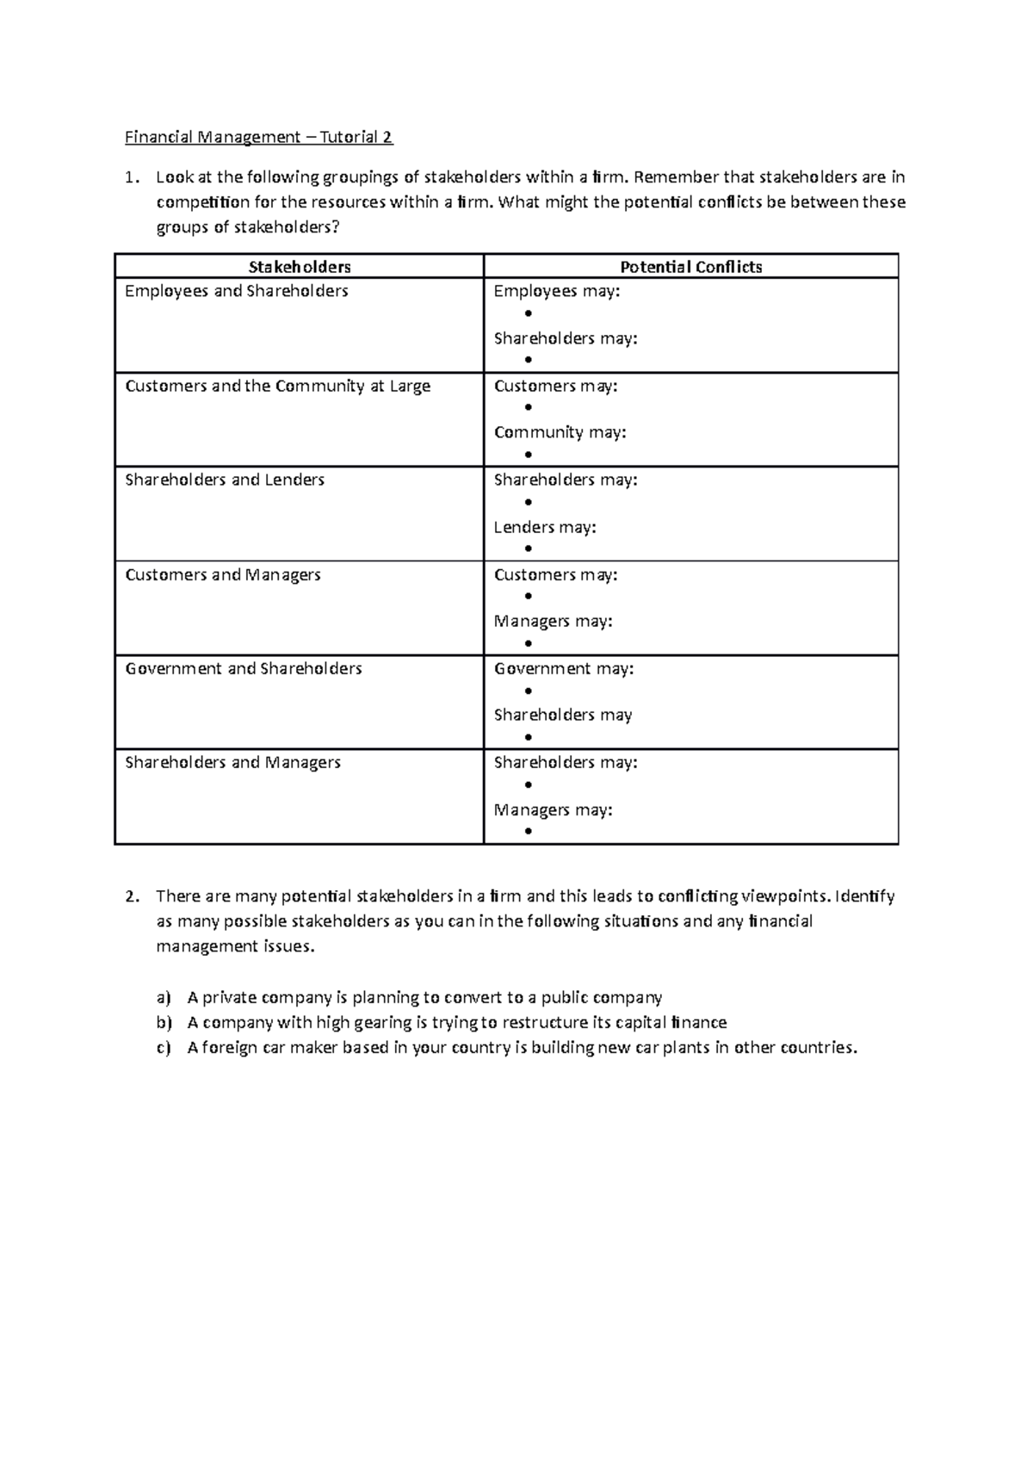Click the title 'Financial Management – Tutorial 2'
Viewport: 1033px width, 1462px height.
(259, 137)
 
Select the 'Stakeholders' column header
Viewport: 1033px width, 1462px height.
(300, 267)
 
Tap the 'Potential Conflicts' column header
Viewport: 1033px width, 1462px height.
(691, 267)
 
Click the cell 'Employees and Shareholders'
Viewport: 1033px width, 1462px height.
(237, 291)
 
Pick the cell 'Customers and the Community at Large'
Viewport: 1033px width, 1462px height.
(277, 386)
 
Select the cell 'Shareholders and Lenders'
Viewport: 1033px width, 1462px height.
(225, 480)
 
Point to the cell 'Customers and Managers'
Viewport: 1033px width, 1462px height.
(223, 574)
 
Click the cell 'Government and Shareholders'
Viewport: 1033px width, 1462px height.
(244, 668)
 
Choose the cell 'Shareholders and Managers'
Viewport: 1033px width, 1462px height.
(232, 762)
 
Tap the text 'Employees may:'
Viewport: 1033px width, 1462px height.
(556, 291)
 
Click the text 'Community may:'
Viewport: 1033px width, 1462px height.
(560, 432)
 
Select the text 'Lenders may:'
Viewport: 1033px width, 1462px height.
(544, 527)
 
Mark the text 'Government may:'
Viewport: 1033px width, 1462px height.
(563, 668)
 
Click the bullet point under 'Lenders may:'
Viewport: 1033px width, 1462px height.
(528, 548)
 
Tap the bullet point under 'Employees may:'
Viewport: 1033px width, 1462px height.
(528, 314)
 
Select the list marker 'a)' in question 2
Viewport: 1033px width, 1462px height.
(164, 998)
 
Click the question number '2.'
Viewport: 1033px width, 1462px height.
(131, 896)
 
